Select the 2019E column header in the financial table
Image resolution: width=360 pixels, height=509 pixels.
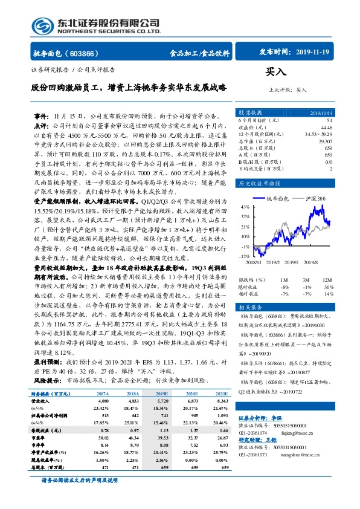pyautogui.click(x=161, y=393)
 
